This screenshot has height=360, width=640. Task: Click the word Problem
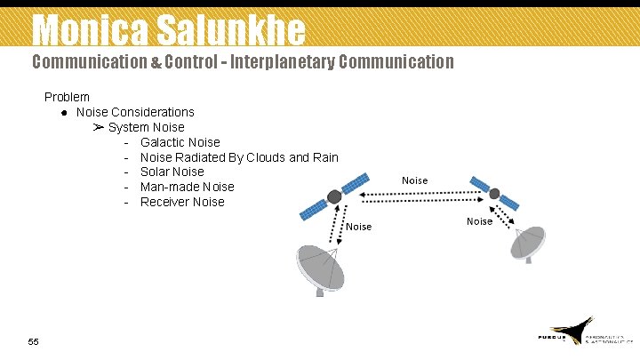point(67,97)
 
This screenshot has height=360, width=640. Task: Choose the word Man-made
point(169,187)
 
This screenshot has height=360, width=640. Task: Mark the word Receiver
point(164,202)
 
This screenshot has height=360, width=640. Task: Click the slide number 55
point(34,341)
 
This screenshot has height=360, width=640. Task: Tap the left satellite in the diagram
point(334,196)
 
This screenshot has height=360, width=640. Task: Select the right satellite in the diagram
point(494,195)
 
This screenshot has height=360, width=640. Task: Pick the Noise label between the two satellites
point(414,180)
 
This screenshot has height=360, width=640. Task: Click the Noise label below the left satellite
point(358,227)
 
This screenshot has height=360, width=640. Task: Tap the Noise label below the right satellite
point(479,221)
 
